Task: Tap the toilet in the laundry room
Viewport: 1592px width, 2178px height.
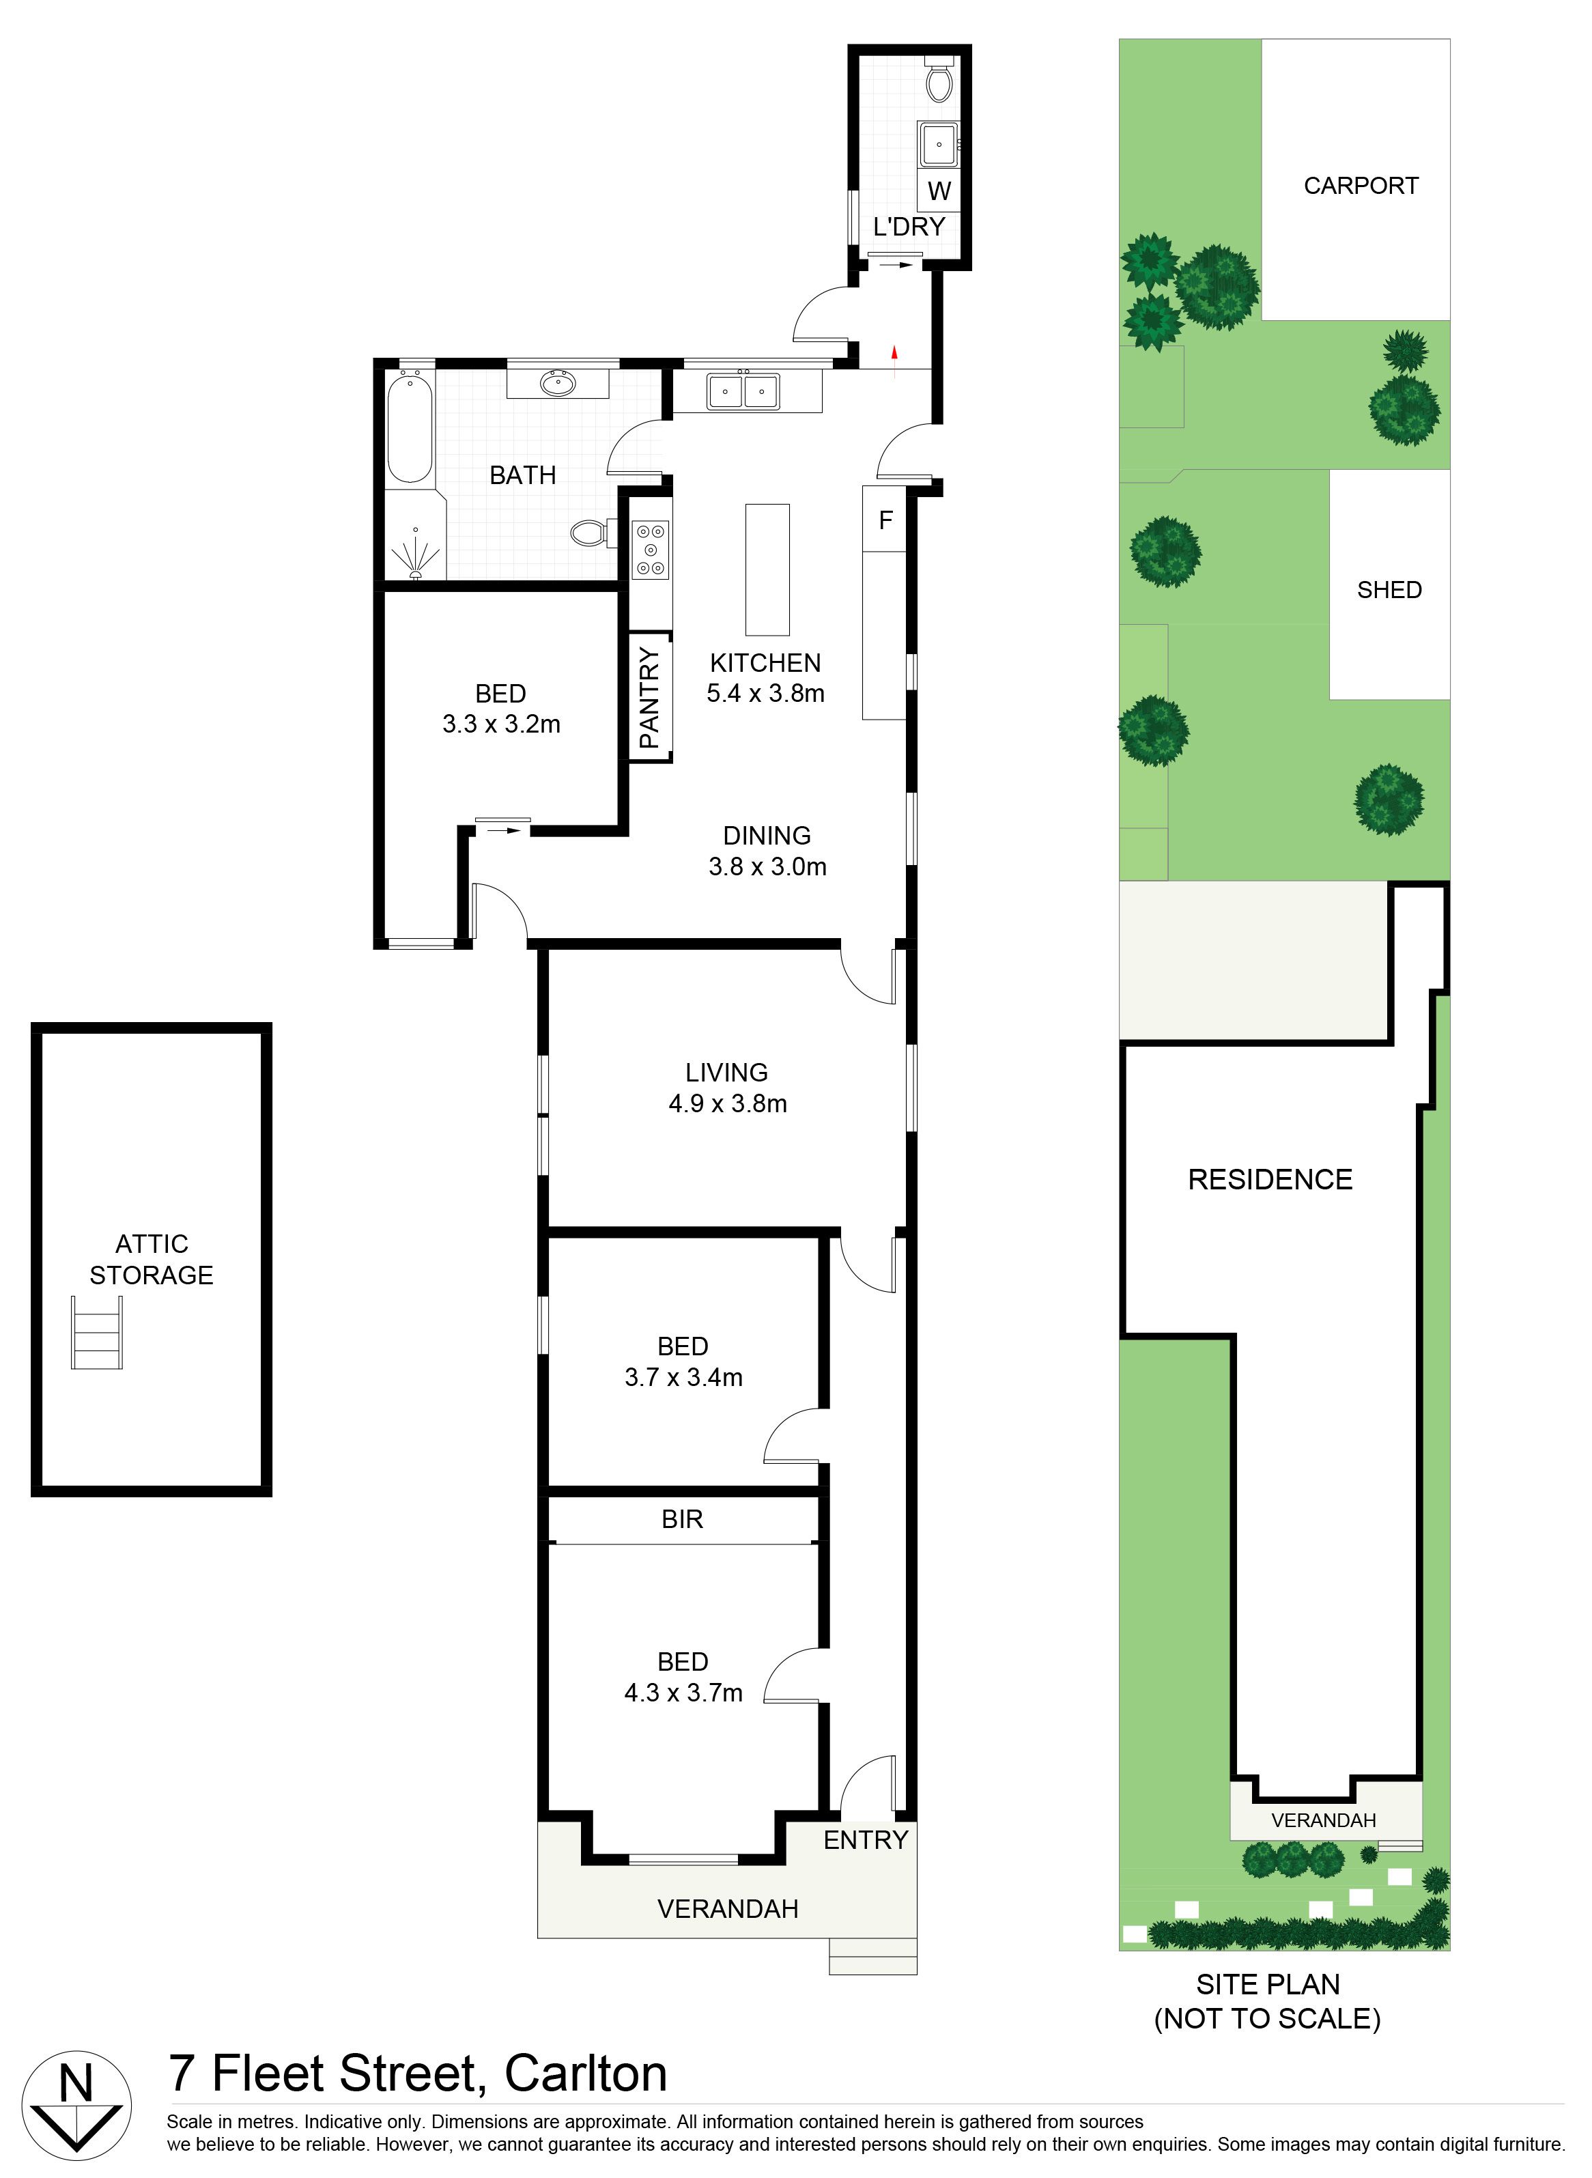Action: (x=939, y=79)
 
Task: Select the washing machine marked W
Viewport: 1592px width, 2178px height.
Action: (x=939, y=190)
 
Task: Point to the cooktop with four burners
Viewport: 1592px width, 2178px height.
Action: (x=651, y=550)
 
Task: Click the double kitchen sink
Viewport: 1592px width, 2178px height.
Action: (x=743, y=391)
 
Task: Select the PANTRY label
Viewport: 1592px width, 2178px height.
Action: (x=649, y=698)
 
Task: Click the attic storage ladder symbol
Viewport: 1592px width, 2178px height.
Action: (x=96, y=1332)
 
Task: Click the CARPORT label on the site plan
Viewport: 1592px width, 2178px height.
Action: (x=1361, y=186)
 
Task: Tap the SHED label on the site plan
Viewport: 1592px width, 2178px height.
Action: (x=1389, y=590)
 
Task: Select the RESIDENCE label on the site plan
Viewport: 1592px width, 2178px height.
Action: (x=1270, y=1180)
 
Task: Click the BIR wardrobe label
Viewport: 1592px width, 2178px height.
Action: (x=682, y=1520)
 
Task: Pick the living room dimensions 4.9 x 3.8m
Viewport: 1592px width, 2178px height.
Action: (x=728, y=1103)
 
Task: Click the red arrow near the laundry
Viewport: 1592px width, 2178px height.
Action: (x=894, y=354)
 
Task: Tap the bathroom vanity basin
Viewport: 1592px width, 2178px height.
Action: (x=558, y=384)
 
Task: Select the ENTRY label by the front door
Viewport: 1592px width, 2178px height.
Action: (x=866, y=1840)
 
